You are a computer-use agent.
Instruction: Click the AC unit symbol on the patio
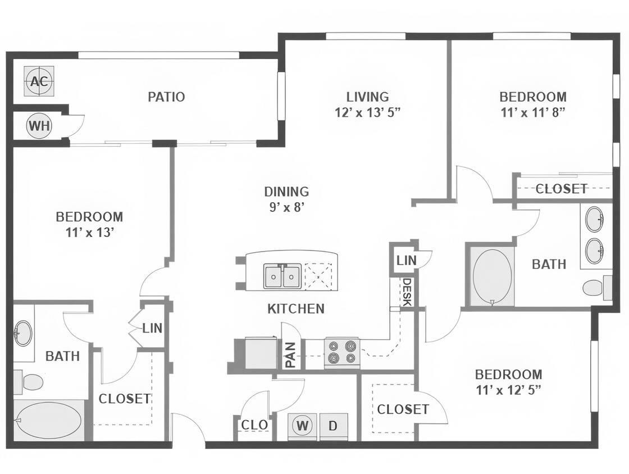coord(39,81)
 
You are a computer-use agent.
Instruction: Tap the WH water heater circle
coord(39,126)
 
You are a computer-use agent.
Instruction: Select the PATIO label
coord(166,97)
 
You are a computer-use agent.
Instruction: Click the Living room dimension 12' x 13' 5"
coord(367,112)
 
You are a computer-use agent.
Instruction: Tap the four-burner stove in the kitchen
coord(341,352)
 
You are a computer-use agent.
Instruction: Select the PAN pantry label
coord(291,355)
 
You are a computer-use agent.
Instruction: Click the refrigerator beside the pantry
coord(261,353)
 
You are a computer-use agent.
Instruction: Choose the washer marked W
coord(303,426)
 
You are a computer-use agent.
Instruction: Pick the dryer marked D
coord(333,426)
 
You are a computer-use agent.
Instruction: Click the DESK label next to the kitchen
coord(407,293)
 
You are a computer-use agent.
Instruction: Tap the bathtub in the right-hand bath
coord(492,276)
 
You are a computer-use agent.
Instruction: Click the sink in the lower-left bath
coord(23,333)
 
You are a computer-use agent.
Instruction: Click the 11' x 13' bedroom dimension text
coord(89,231)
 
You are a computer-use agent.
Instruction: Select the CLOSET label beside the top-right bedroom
coord(562,189)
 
